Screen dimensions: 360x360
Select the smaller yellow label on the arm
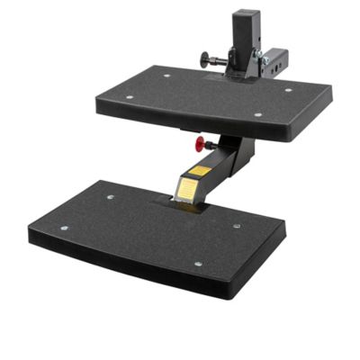point(200,169)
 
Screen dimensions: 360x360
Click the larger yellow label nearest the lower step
point(186,189)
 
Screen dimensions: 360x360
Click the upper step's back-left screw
point(166,76)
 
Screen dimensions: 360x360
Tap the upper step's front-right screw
point(257,114)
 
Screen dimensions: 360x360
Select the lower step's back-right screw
point(237,226)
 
